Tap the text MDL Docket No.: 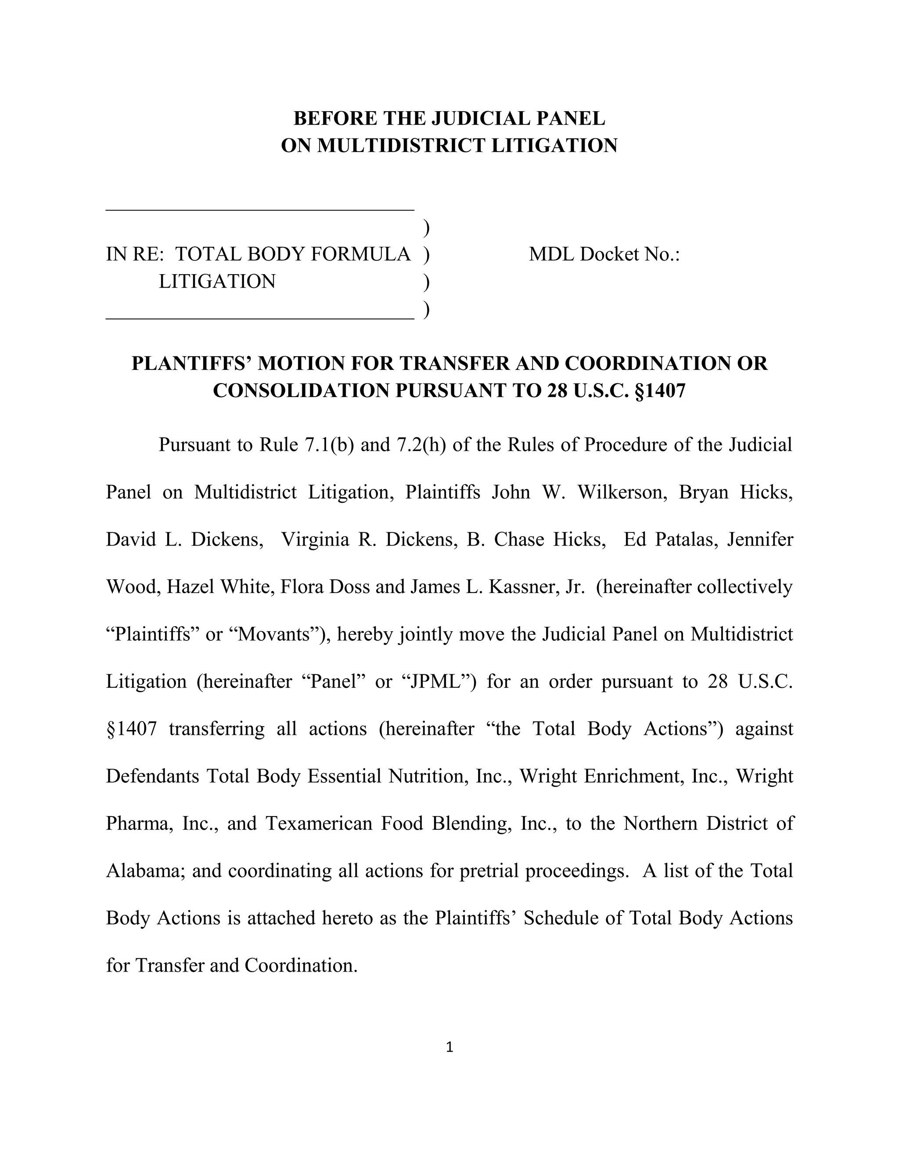pyautogui.click(x=604, y=254)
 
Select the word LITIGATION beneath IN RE pyautogui.click(x=217, y=282)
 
